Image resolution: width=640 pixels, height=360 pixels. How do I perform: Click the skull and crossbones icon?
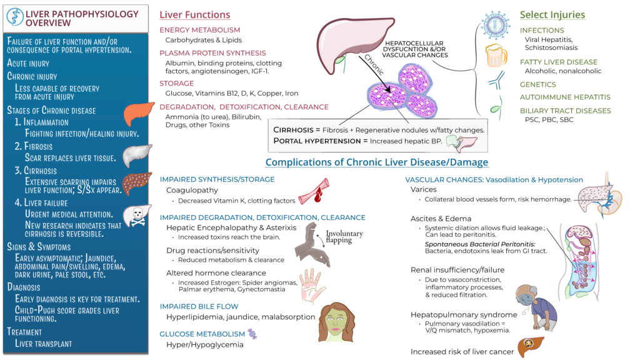click(x=138, y=216)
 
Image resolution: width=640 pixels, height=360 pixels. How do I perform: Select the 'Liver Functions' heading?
click(x=194, y=15)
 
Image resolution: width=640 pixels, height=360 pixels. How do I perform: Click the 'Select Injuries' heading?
click(x=552, y=14)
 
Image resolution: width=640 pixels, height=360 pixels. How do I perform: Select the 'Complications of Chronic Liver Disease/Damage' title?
click(x=376, y=162)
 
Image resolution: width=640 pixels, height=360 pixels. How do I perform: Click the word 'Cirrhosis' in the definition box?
click(x=296, y=129)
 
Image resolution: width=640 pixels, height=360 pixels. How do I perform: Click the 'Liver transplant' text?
click(x=43, y=344)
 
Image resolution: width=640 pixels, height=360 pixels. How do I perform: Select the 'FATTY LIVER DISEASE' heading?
click(x=558, y=62)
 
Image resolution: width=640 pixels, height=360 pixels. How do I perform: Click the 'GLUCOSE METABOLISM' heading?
click(x=201, y=334)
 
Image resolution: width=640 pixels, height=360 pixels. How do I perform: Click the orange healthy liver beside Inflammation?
click(x=138, y=114)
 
